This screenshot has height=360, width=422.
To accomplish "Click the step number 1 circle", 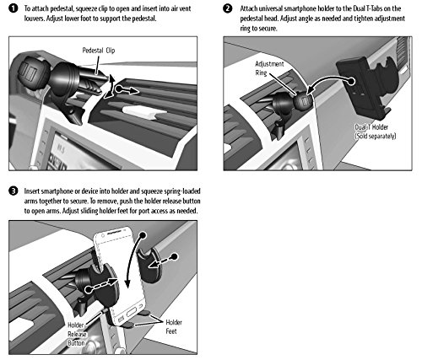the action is (x=14, y=8).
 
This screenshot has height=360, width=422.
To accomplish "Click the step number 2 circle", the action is (x=228, y=8).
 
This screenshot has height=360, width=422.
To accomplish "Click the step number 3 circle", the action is (x=14, y=191).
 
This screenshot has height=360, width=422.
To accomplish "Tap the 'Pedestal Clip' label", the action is (x=99, y=51).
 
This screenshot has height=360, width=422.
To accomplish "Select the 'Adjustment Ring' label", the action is (x=269, y=68).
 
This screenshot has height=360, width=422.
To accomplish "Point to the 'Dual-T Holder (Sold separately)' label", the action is (x=376, y=132).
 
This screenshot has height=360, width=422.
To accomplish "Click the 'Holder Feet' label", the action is (x=174, y=326).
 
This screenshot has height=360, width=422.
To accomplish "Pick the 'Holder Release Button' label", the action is (x=77, y=334).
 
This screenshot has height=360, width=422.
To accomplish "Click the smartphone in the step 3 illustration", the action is (x=120, y=276).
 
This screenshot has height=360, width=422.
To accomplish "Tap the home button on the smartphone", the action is (x=132, y=313).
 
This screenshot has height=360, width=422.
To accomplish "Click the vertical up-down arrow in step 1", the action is (x=111, y=86).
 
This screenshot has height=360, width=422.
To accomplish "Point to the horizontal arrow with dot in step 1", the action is (x=127, y=90).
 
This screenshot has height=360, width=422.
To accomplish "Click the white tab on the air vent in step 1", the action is (x=144, y=112).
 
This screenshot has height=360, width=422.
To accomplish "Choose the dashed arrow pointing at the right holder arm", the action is (x=163, y=261).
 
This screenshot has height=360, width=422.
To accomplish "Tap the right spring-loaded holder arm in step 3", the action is (x=149, y=265).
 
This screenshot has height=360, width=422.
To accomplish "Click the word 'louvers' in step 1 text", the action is (x=35, y=19).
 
